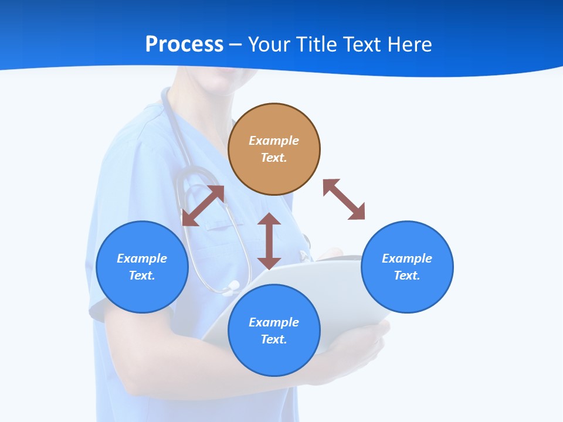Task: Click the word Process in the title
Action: coord(184,45)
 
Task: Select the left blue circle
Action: coord(142,293)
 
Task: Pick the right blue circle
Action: coord(407,293)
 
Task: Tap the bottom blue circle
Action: coord(274,357)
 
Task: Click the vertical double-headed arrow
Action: coord(269,241)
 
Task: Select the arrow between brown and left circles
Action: coord(203,206)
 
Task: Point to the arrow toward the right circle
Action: coord(344,199)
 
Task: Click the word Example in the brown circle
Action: coord(274,141)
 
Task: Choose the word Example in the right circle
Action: coord(407,258)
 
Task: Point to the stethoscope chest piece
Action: coord(232,288)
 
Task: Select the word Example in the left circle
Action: coord(142,258)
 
